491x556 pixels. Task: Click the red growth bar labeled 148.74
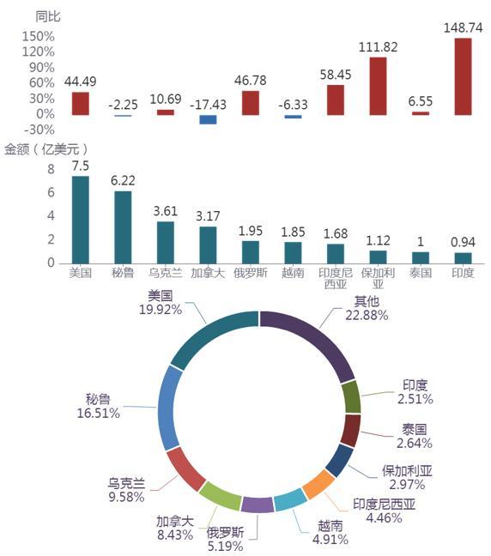click(x=463, y=76)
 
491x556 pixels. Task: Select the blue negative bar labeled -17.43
click(x=208, y=119)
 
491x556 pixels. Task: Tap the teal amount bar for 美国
click(x=81, y=220)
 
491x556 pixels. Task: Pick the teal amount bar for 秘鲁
click(x=123, y=227)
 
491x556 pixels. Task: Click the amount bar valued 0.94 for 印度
click(x=463, y=258)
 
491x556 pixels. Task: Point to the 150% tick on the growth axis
click(x=39, y=36)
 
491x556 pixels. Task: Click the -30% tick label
click(x=39, y=130)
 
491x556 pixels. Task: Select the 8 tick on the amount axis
click(x=52, y=169)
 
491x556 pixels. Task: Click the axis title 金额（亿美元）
click(x=45, y=149)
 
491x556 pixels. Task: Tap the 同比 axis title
click(x=47, y=16)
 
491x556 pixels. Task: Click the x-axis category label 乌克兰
click(x=166, y=273)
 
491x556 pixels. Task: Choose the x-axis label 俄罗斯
click(x=251, y=273)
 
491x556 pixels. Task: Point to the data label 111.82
click(x=379, y=47)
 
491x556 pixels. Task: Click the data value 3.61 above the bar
click(x=166, y=211)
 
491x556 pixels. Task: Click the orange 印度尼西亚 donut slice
click(x=318, y=485)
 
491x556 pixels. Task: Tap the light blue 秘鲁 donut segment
click(x=170, y=408)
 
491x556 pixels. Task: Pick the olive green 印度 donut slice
click(x=352, y=397)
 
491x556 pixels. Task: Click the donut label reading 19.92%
click(x=161, y=310)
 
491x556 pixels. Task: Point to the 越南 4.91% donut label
click(x=330, y=533)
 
